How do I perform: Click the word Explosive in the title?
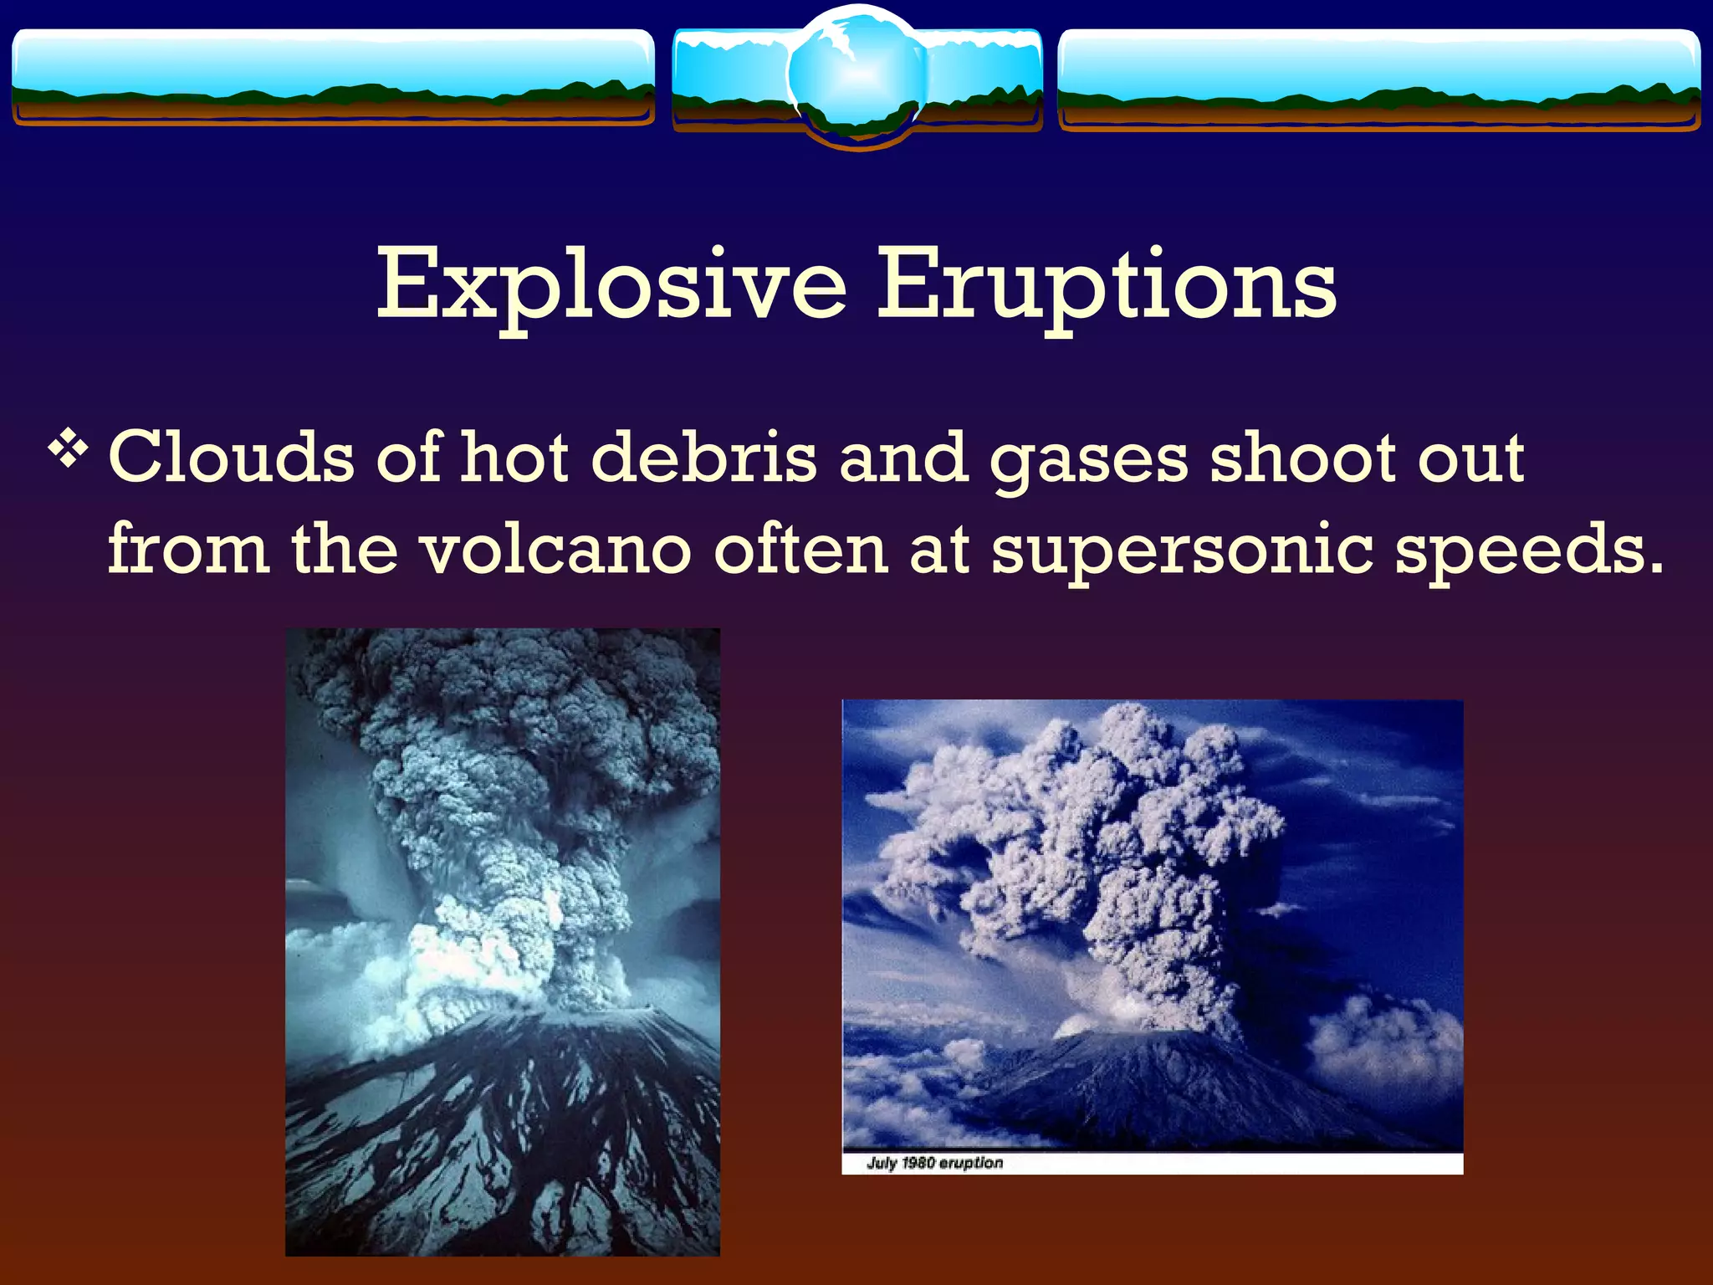[611, 284]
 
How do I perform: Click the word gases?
[1087, 458]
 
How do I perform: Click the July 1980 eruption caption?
[934, 1163]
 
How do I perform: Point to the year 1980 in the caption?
[918, 1163]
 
